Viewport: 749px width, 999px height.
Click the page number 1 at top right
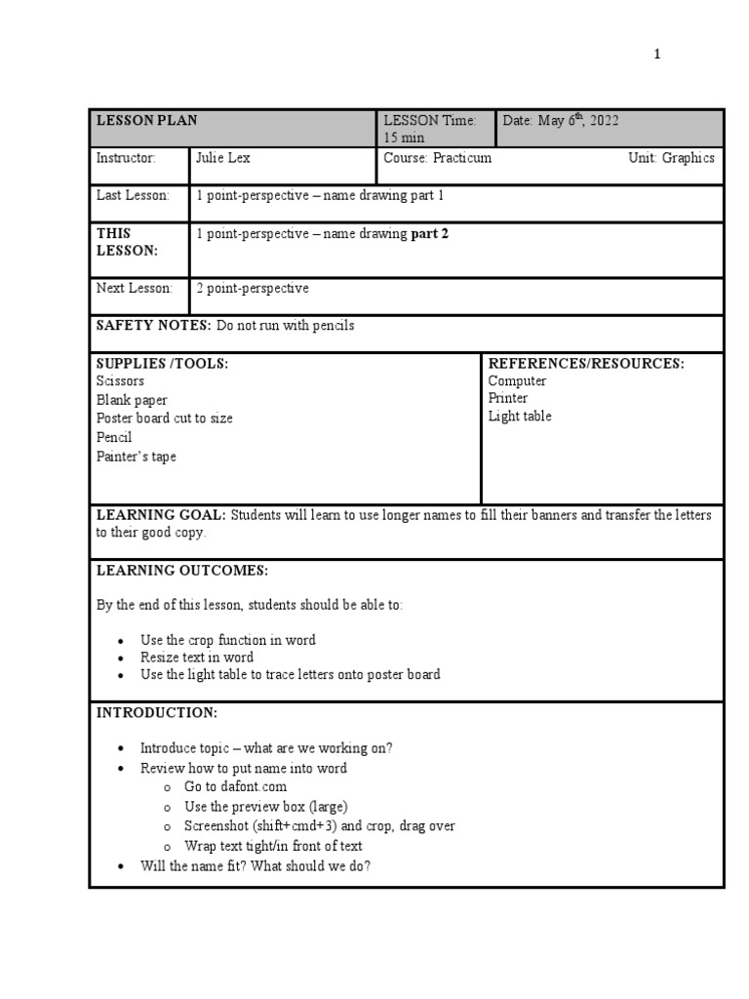[657, 55]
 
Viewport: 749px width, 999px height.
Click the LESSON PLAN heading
[146, 120]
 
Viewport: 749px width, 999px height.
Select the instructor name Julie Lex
[223, 158]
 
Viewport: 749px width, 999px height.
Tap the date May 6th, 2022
[561, 120]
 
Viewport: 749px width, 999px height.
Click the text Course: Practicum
[437, 158]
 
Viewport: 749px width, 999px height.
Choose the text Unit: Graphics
[671, 158]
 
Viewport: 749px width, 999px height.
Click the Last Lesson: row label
[133, 195]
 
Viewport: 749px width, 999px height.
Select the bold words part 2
[430, 233]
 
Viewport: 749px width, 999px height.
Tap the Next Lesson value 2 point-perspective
[253, 288]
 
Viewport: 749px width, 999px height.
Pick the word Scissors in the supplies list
[120, 380]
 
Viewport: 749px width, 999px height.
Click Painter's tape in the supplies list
[137, 456]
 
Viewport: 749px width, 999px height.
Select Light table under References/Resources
[520, 417]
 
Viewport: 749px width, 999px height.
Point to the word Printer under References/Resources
[508, 398]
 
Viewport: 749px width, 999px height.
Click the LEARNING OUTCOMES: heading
[181, 570]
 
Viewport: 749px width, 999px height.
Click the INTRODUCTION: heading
[156, 713]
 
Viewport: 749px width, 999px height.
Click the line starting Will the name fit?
[256, 865]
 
